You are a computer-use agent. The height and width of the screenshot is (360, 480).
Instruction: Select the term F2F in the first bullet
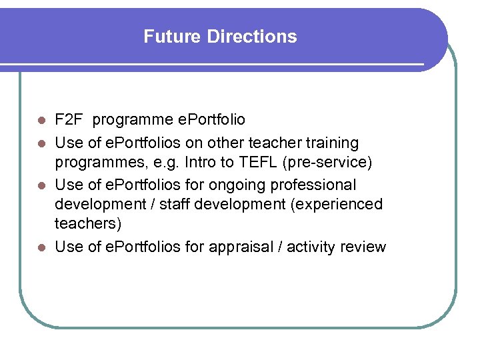click(69, 120)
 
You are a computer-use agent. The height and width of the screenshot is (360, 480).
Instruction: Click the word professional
click(321, 184)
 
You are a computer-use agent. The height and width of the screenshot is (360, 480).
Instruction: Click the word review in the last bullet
click(363, 247)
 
